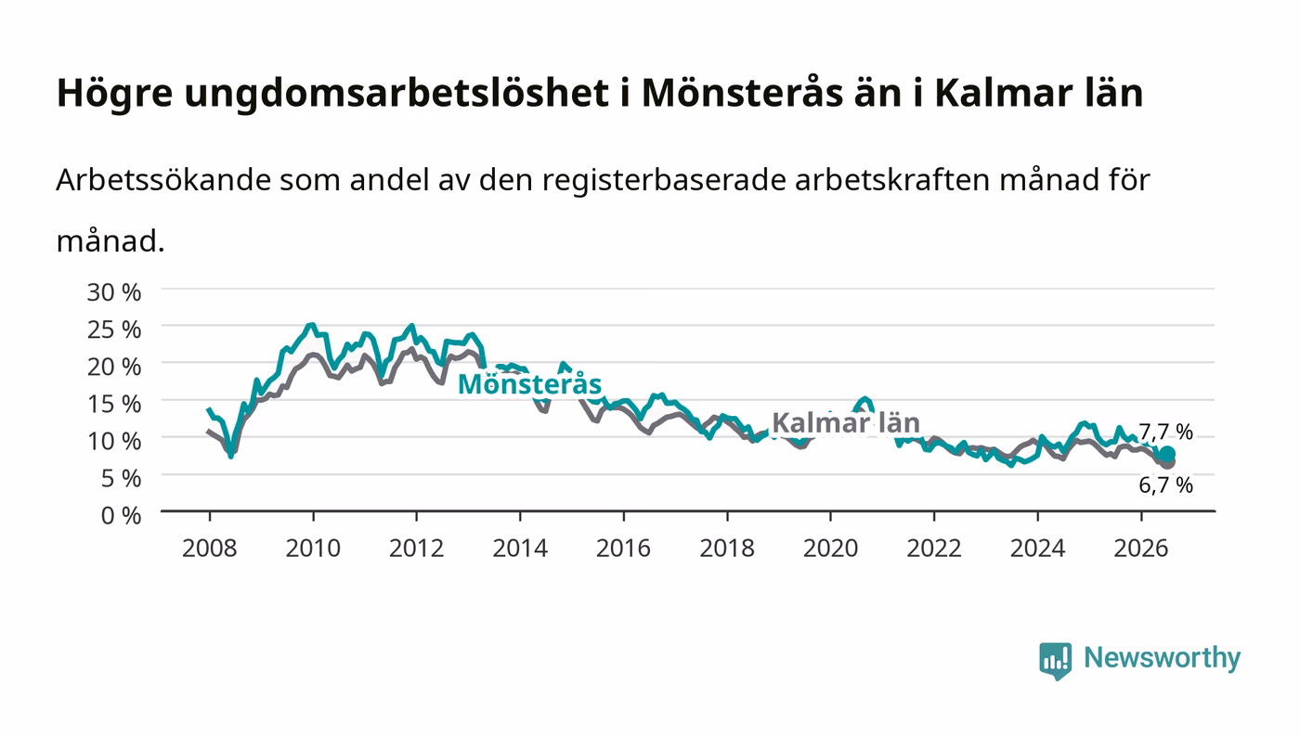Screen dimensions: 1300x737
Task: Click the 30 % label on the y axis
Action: click(x=113, y=291)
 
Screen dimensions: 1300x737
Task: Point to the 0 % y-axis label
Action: click(x=121, y=515)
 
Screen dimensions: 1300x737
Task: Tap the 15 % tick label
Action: click(x=113, y=404)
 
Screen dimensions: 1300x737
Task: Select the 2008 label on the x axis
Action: click(x=210, y=548)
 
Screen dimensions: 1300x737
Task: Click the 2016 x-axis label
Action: click(x=623, y=548)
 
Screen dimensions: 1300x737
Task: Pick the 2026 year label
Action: click(x=1141, y=548)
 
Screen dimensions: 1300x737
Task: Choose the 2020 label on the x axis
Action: click(x=830, y=548)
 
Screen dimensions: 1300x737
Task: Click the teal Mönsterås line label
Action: click(x=529, y=383)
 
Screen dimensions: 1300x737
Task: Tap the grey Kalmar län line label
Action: click(x=846, y=422)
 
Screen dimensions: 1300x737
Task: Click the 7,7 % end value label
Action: click(x=1165, y=432)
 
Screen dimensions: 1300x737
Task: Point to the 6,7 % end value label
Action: click(x=1165, y=485)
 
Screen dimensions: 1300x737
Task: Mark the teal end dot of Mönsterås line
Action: click(x=1167, y=454)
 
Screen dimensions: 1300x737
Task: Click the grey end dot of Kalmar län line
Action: click(x=1167, y=462)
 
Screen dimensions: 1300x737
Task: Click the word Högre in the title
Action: click(x=115, y=94)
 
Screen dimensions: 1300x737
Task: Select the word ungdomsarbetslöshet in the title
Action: click(x=396, y=94)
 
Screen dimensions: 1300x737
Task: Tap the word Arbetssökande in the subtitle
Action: click(x=163, y=179)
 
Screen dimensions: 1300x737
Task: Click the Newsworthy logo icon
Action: click(x=1055, y=660)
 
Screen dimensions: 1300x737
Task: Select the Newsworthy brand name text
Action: click(x=1162, y=658)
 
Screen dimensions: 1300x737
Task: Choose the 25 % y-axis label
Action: click(x=113, y=330)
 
